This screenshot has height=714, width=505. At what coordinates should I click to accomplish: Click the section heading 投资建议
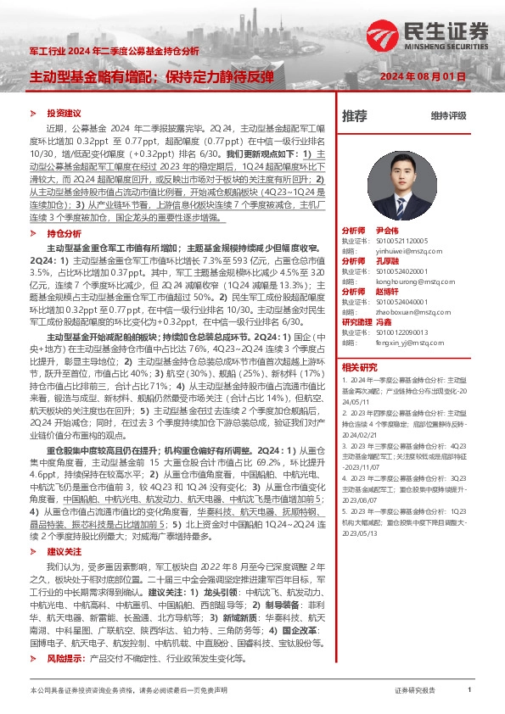pyautogui.click(x=64, y=113)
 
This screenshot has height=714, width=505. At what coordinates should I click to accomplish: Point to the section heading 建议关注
pyautogui.click(x=64, y=527)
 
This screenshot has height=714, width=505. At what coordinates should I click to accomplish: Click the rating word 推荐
pyautogui.click(x=354, y=115)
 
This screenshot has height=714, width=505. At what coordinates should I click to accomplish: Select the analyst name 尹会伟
pyautogui.click(x=387, y=231)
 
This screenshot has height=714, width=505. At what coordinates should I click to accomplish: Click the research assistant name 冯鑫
pyautogui.click(x=383, y=322)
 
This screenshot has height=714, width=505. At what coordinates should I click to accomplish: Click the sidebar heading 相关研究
pyautogui.click(x=359, y=367)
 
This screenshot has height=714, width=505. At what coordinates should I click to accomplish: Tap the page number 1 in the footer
pyautogui.click(x=469, y=690)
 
